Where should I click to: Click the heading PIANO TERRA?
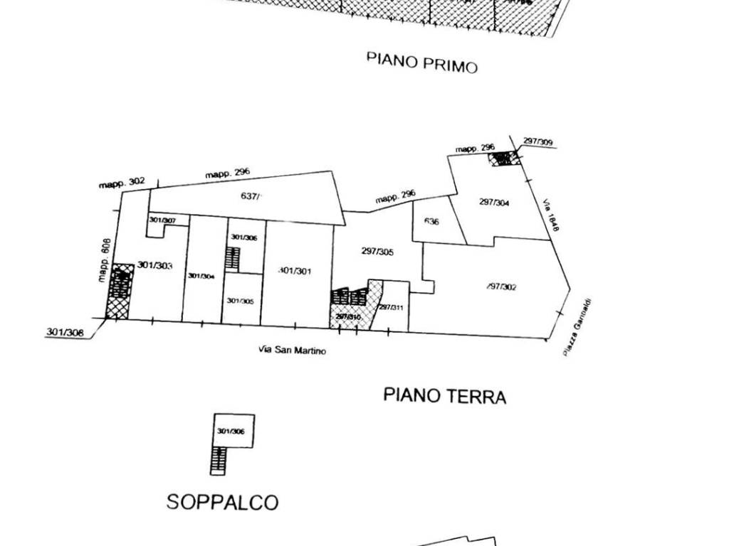click(444, 395)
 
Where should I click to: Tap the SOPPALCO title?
click(222, 502)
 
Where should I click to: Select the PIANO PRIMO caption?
click(421, 62)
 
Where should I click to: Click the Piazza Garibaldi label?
click(578, 328)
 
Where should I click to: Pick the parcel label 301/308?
click(65, 331)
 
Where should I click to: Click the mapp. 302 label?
click(122, 183)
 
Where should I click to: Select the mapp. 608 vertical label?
click(105, 260)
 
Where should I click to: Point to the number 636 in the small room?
click(431, 222)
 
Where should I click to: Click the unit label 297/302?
click(501, 287)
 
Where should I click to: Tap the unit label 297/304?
click(494, 202)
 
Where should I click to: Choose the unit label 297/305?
click(377, 251)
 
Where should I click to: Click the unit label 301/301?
click(295, 270)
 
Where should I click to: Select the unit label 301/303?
click(154, 266)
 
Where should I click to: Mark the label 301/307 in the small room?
click(162, 220)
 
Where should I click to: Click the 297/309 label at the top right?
click(537, 141)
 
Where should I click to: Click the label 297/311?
click(391, 307)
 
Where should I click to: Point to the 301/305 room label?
click(240, 301)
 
